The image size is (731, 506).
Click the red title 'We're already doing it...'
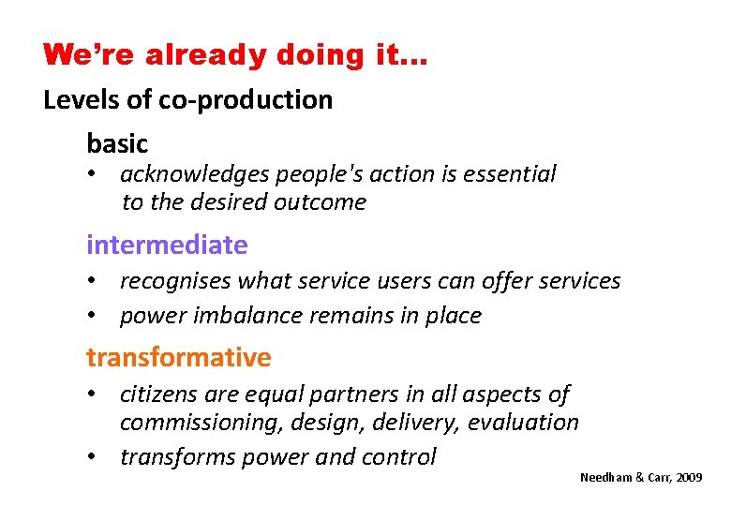click(234, 56)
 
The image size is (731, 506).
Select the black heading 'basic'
click(117, 143)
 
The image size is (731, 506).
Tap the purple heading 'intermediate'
click(167, 246)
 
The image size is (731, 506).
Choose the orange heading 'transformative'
click(178, 357)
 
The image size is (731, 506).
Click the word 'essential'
click(510, 174)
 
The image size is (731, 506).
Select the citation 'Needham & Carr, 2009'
click(640, 477)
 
